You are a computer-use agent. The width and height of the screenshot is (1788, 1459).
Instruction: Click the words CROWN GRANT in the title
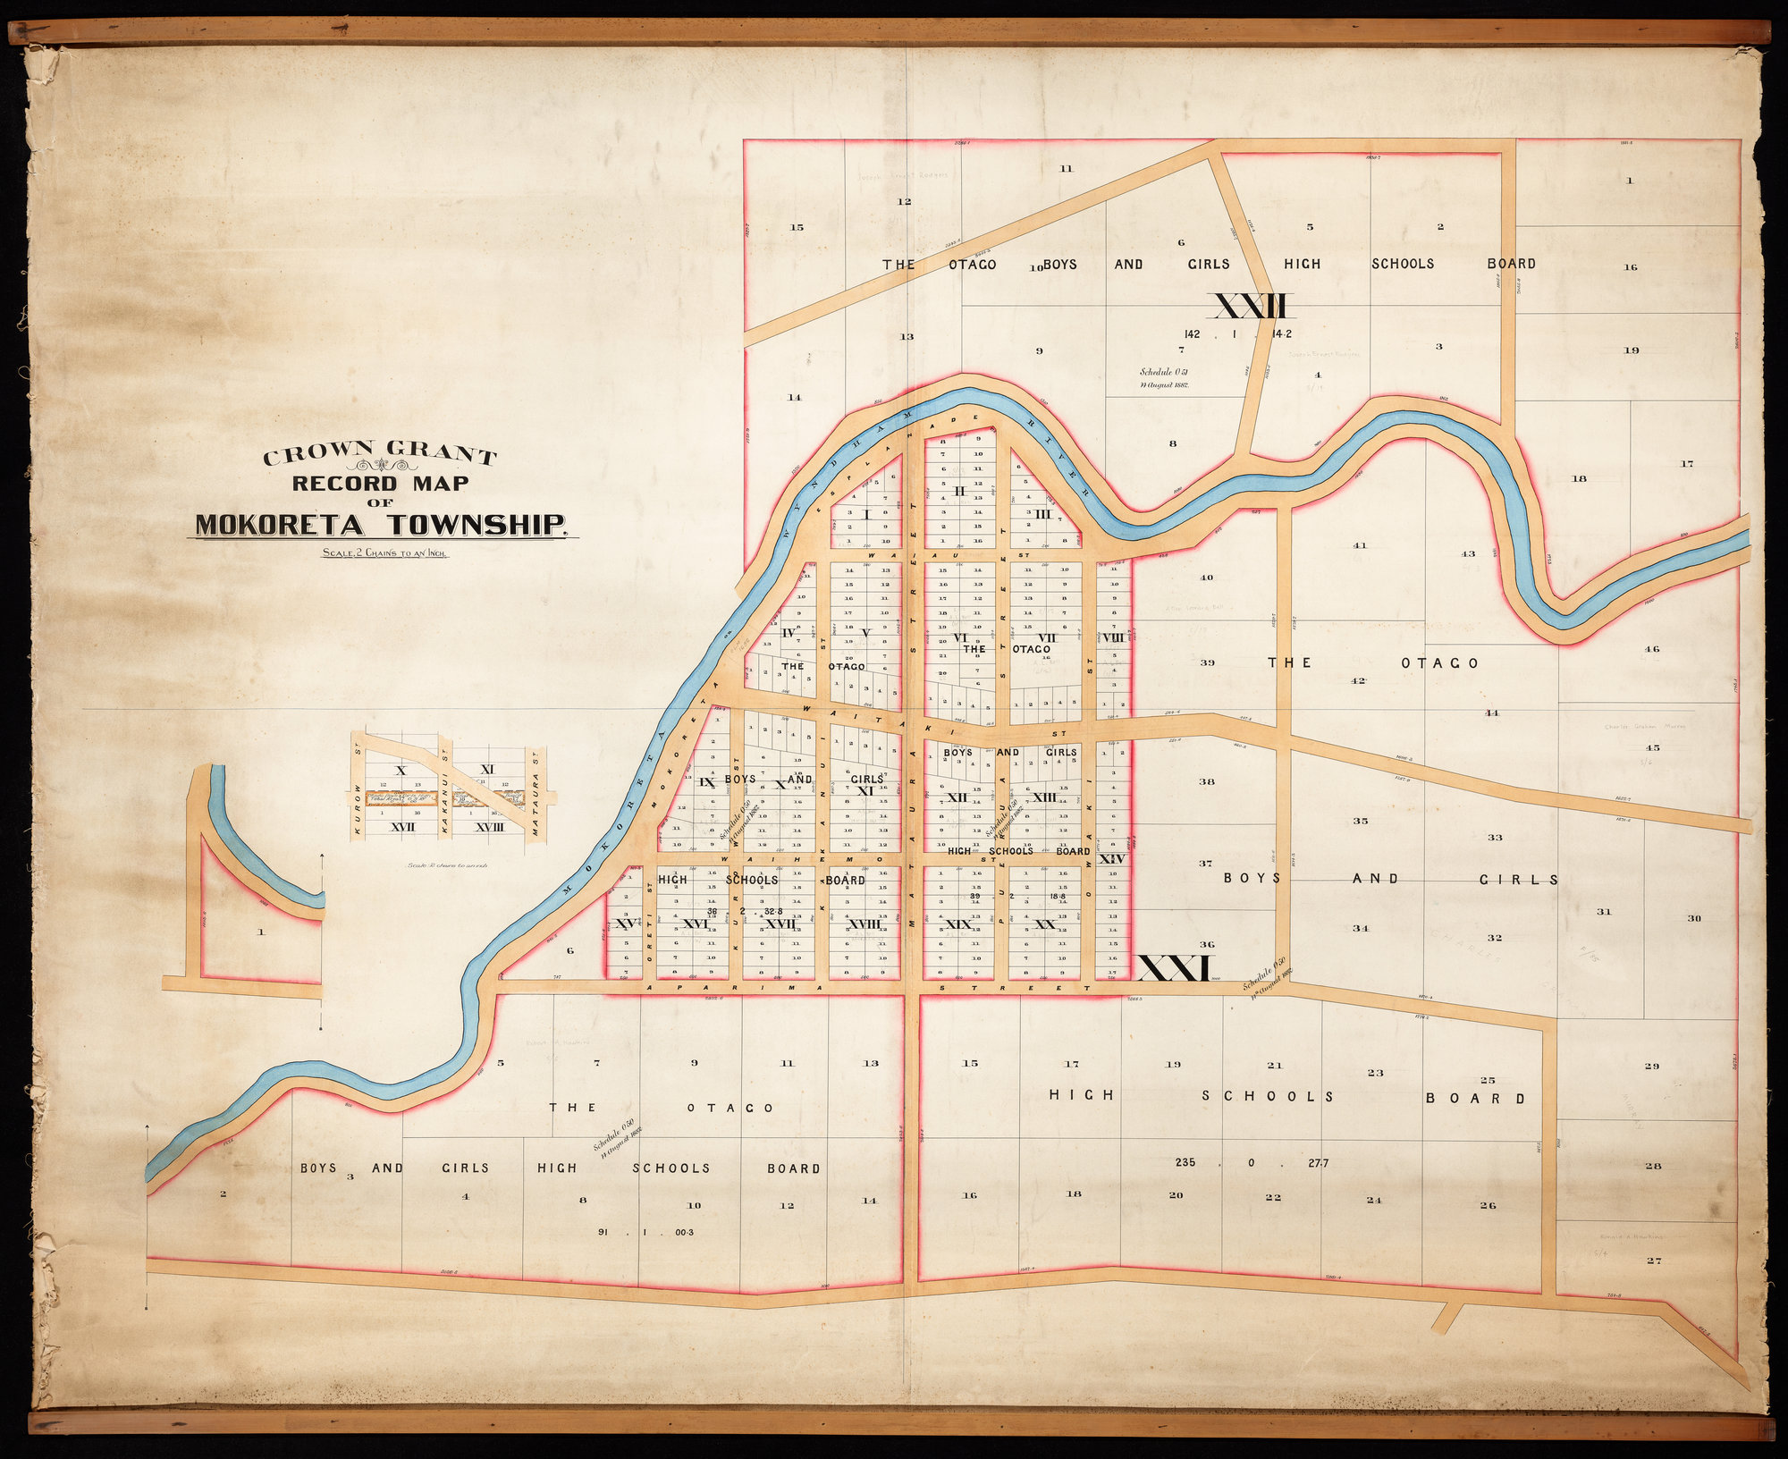379,454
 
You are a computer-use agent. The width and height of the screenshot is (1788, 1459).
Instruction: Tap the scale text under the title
385,552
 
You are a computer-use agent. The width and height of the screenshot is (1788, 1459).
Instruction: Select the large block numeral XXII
1251,307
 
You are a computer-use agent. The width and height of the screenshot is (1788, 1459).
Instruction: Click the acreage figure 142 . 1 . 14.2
1237,333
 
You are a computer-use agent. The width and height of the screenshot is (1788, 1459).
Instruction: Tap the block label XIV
1111,858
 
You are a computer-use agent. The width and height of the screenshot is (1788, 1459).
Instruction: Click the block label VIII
1112,637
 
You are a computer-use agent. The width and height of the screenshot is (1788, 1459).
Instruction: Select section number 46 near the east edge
1651,649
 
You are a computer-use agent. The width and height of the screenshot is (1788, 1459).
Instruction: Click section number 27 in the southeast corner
1653,1261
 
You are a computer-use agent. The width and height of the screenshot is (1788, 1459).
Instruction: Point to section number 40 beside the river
1206,578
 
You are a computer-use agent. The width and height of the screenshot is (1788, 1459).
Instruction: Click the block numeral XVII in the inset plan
403,828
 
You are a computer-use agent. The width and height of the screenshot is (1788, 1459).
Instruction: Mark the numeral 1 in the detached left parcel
261,932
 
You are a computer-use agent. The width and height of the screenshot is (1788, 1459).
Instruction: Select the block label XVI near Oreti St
695,924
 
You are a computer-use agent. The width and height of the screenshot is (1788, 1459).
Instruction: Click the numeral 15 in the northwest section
797,227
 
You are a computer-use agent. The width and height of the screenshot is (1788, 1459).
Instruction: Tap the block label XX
1043,924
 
